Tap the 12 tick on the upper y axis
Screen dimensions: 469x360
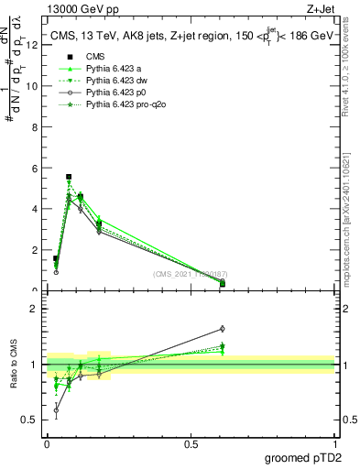pyautogui.click(x=36, y=45)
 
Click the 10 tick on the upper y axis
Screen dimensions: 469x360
pyautogui.click(x=36, y=86)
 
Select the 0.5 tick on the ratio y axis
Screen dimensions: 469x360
pyautogui.click(x=34, y=420)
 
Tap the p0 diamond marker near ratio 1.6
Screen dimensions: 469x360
pyautogui.click(x=223, y=329)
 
